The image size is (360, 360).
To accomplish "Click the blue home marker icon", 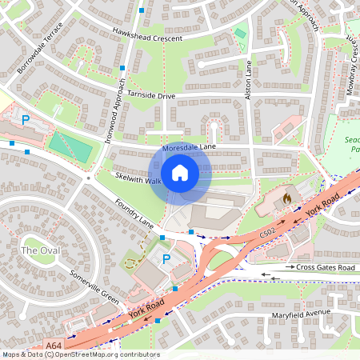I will (x=180, y=173).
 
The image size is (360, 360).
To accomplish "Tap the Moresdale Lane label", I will (x=189, y=148).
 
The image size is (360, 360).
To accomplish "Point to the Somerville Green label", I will (x=94, y=286).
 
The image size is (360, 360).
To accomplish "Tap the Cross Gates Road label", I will (x=324, y=266).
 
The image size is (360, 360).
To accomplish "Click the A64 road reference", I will (x=54, y=345).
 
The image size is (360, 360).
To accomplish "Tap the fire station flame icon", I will (x=287, y=195).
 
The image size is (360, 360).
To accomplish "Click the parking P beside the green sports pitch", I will (x=26, y=120).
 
